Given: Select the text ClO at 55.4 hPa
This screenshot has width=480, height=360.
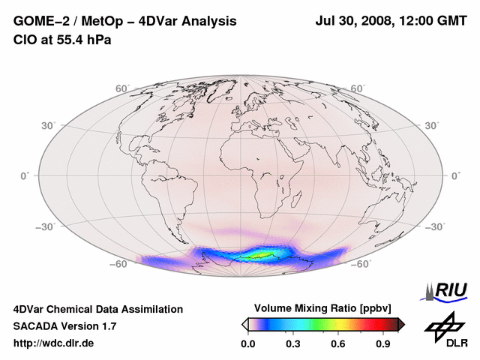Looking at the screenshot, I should [x=62, y=40].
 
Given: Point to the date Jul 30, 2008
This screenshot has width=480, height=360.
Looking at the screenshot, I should [x=354, y=22].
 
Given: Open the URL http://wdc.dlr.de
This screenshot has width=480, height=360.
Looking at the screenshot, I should [x=54, y=343].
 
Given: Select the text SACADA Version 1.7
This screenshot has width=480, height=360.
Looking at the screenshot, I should [x=64, y=326].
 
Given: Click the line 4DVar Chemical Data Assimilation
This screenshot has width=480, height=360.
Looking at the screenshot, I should [x=97, y=309].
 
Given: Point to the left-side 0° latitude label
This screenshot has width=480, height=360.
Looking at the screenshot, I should [x=24, y=175].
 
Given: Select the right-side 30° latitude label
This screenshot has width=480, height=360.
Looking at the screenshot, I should [x=433, y=125].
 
